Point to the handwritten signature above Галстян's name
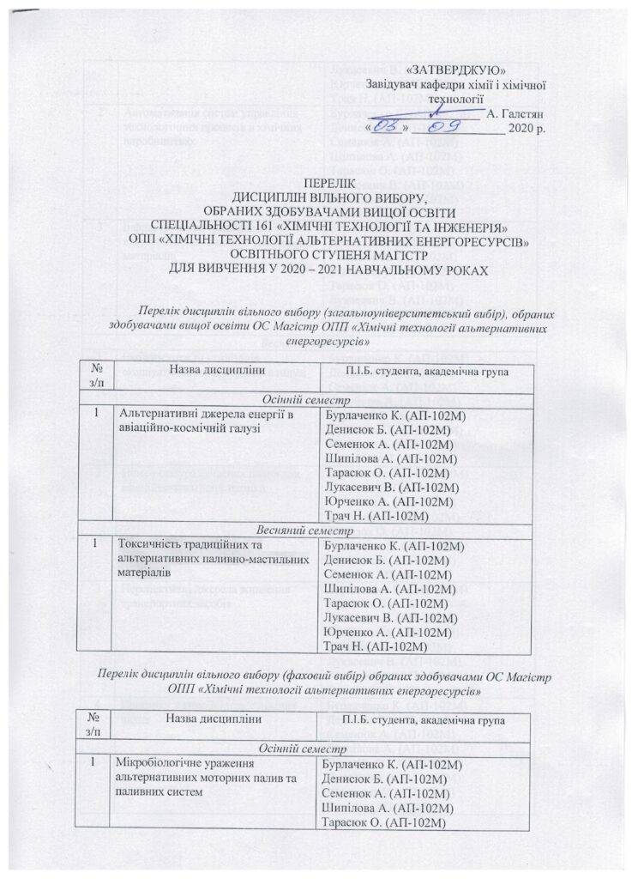[437, 109]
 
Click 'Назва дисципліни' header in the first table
[215, 370]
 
